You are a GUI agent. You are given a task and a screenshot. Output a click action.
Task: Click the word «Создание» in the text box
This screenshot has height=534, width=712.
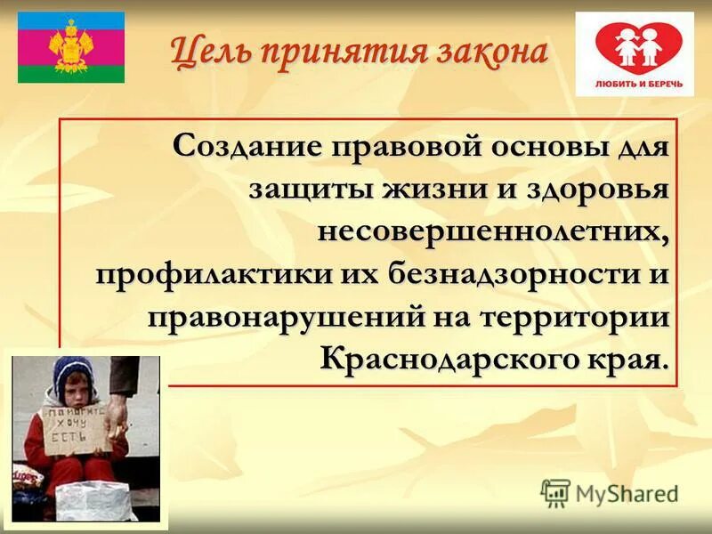(x=248, y=146)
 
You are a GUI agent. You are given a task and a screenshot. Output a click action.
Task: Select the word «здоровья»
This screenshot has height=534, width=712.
(x=592, y=189)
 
